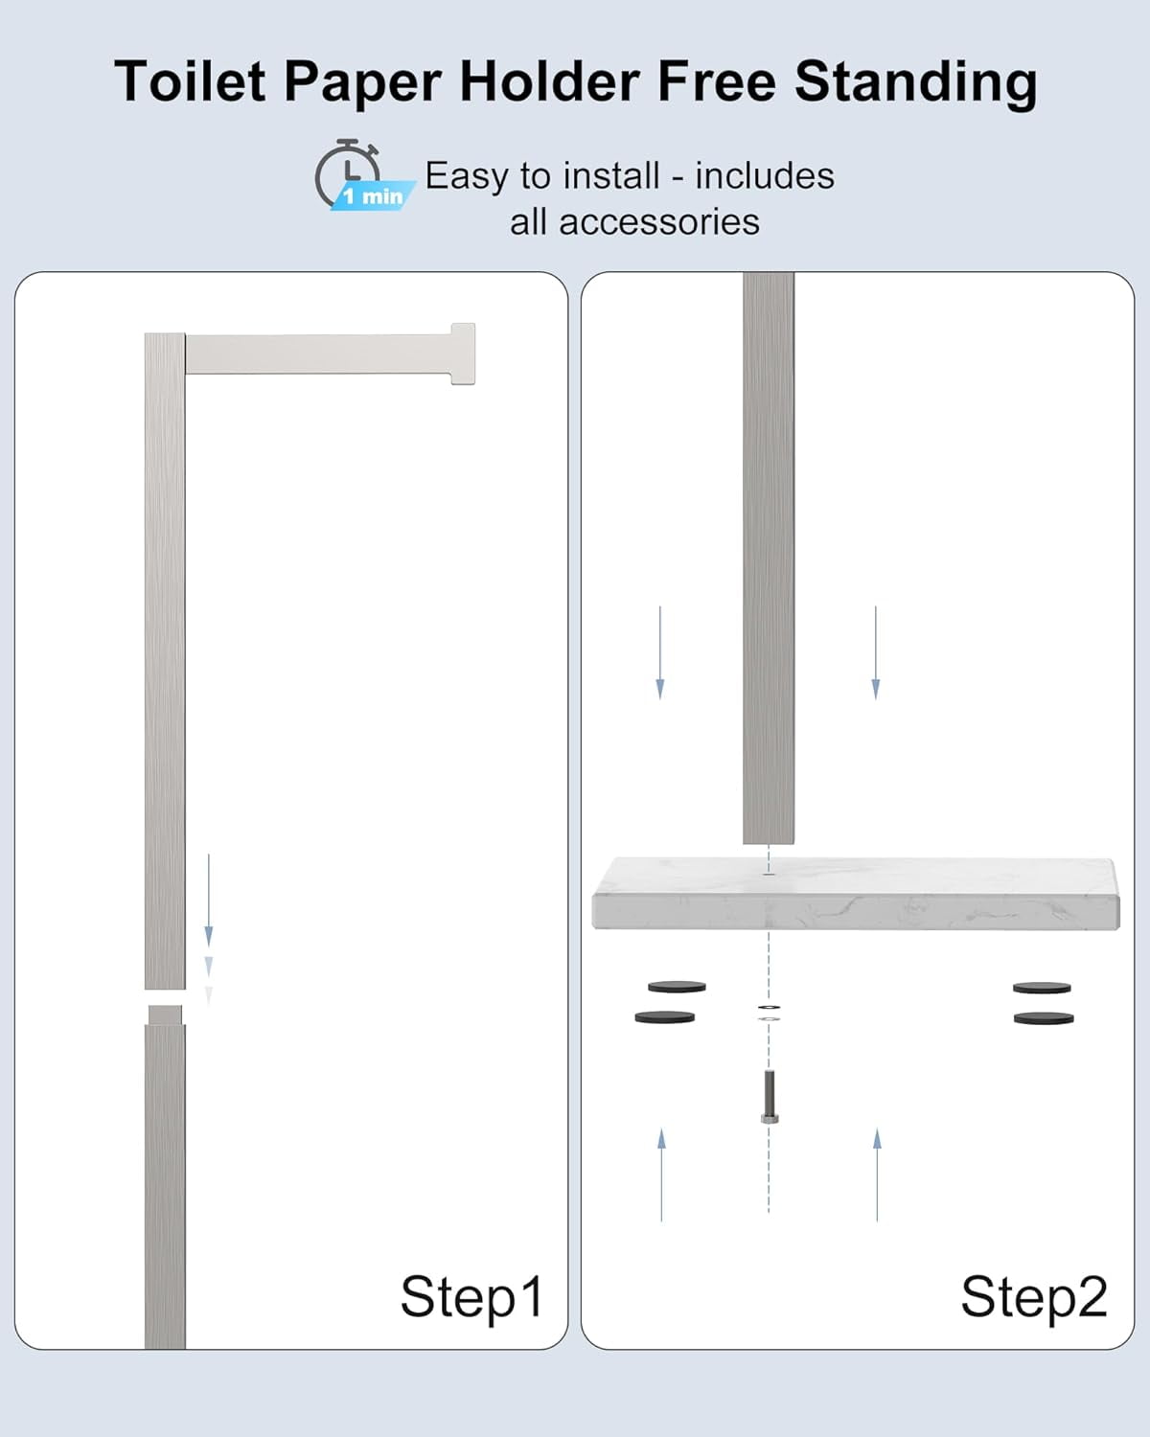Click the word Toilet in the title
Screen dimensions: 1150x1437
coord(190,80)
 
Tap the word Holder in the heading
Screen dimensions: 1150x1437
coord(549,80)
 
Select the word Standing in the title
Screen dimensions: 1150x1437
coord(915,83)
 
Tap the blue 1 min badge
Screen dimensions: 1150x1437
coord(373,195)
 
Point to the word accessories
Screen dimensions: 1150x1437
coord(659,221)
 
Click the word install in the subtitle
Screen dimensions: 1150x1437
coord(610,176)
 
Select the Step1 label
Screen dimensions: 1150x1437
coord(471,1297)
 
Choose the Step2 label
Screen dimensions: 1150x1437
coord(1034,1297)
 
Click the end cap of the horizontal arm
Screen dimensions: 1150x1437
coord(463,354)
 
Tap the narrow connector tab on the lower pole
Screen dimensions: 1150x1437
coord(165,1015)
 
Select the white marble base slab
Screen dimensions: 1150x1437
coord(856,893)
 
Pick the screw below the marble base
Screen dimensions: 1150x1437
coord(770,1106)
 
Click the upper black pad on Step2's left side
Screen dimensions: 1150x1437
coord(677,987)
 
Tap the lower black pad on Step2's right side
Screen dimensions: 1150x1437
coord(1043,1018)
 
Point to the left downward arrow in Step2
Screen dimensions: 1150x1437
coord(660,652)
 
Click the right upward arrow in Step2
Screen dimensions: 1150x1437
coord(877,1175)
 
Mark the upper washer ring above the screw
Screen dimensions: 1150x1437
coord(770,1007)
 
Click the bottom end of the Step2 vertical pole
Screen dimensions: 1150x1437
coord(769,842)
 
